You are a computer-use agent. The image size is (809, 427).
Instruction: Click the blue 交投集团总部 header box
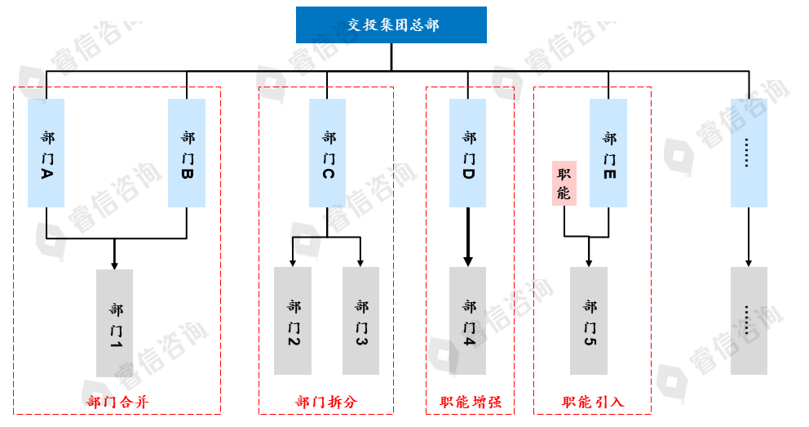point(391,24)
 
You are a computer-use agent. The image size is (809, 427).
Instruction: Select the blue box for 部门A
point(46,153)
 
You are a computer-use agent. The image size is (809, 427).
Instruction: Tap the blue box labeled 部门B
point(187,153)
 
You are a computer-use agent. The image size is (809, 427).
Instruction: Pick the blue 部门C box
point(328,153)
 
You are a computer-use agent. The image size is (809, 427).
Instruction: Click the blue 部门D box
point(468,153)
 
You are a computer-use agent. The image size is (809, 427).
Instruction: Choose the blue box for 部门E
point(608,153)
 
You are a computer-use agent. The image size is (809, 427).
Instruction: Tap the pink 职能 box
point(564,183)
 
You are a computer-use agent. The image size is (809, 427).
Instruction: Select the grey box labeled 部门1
point(115,322)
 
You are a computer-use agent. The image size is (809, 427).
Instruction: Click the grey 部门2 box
point(293,320)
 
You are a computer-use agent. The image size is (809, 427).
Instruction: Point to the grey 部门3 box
point(361,320)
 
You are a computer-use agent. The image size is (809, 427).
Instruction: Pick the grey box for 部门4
point(468,320)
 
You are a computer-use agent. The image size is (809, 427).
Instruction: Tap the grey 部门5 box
point(589,320)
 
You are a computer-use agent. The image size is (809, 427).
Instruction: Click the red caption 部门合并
point(117,402)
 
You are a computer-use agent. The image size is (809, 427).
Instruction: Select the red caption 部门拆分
point(326,402)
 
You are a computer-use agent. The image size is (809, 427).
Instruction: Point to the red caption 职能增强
point(470,402)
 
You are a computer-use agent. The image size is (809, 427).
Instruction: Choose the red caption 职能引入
point(593,402)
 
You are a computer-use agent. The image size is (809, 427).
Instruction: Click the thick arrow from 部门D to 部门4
point(468,237)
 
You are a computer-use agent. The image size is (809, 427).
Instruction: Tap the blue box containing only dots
point(749,153)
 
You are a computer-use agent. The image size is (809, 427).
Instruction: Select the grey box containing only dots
point(749,320)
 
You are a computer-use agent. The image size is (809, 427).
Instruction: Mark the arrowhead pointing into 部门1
point(115,264)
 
